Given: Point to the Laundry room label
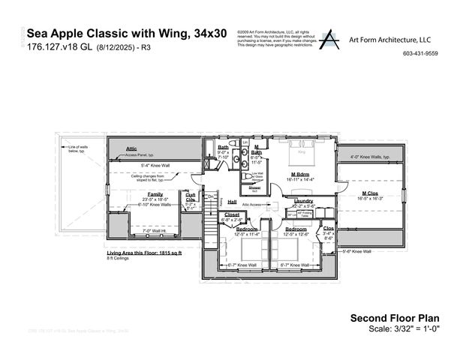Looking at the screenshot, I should pos(303,200).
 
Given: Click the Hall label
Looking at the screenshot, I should pos(232,202).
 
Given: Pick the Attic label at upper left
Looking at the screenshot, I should pos(131,148).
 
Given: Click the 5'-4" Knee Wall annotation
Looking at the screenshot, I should pos(155,164).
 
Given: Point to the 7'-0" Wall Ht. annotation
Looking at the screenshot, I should pos(155,231).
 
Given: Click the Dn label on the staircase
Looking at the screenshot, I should pos(211,196).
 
